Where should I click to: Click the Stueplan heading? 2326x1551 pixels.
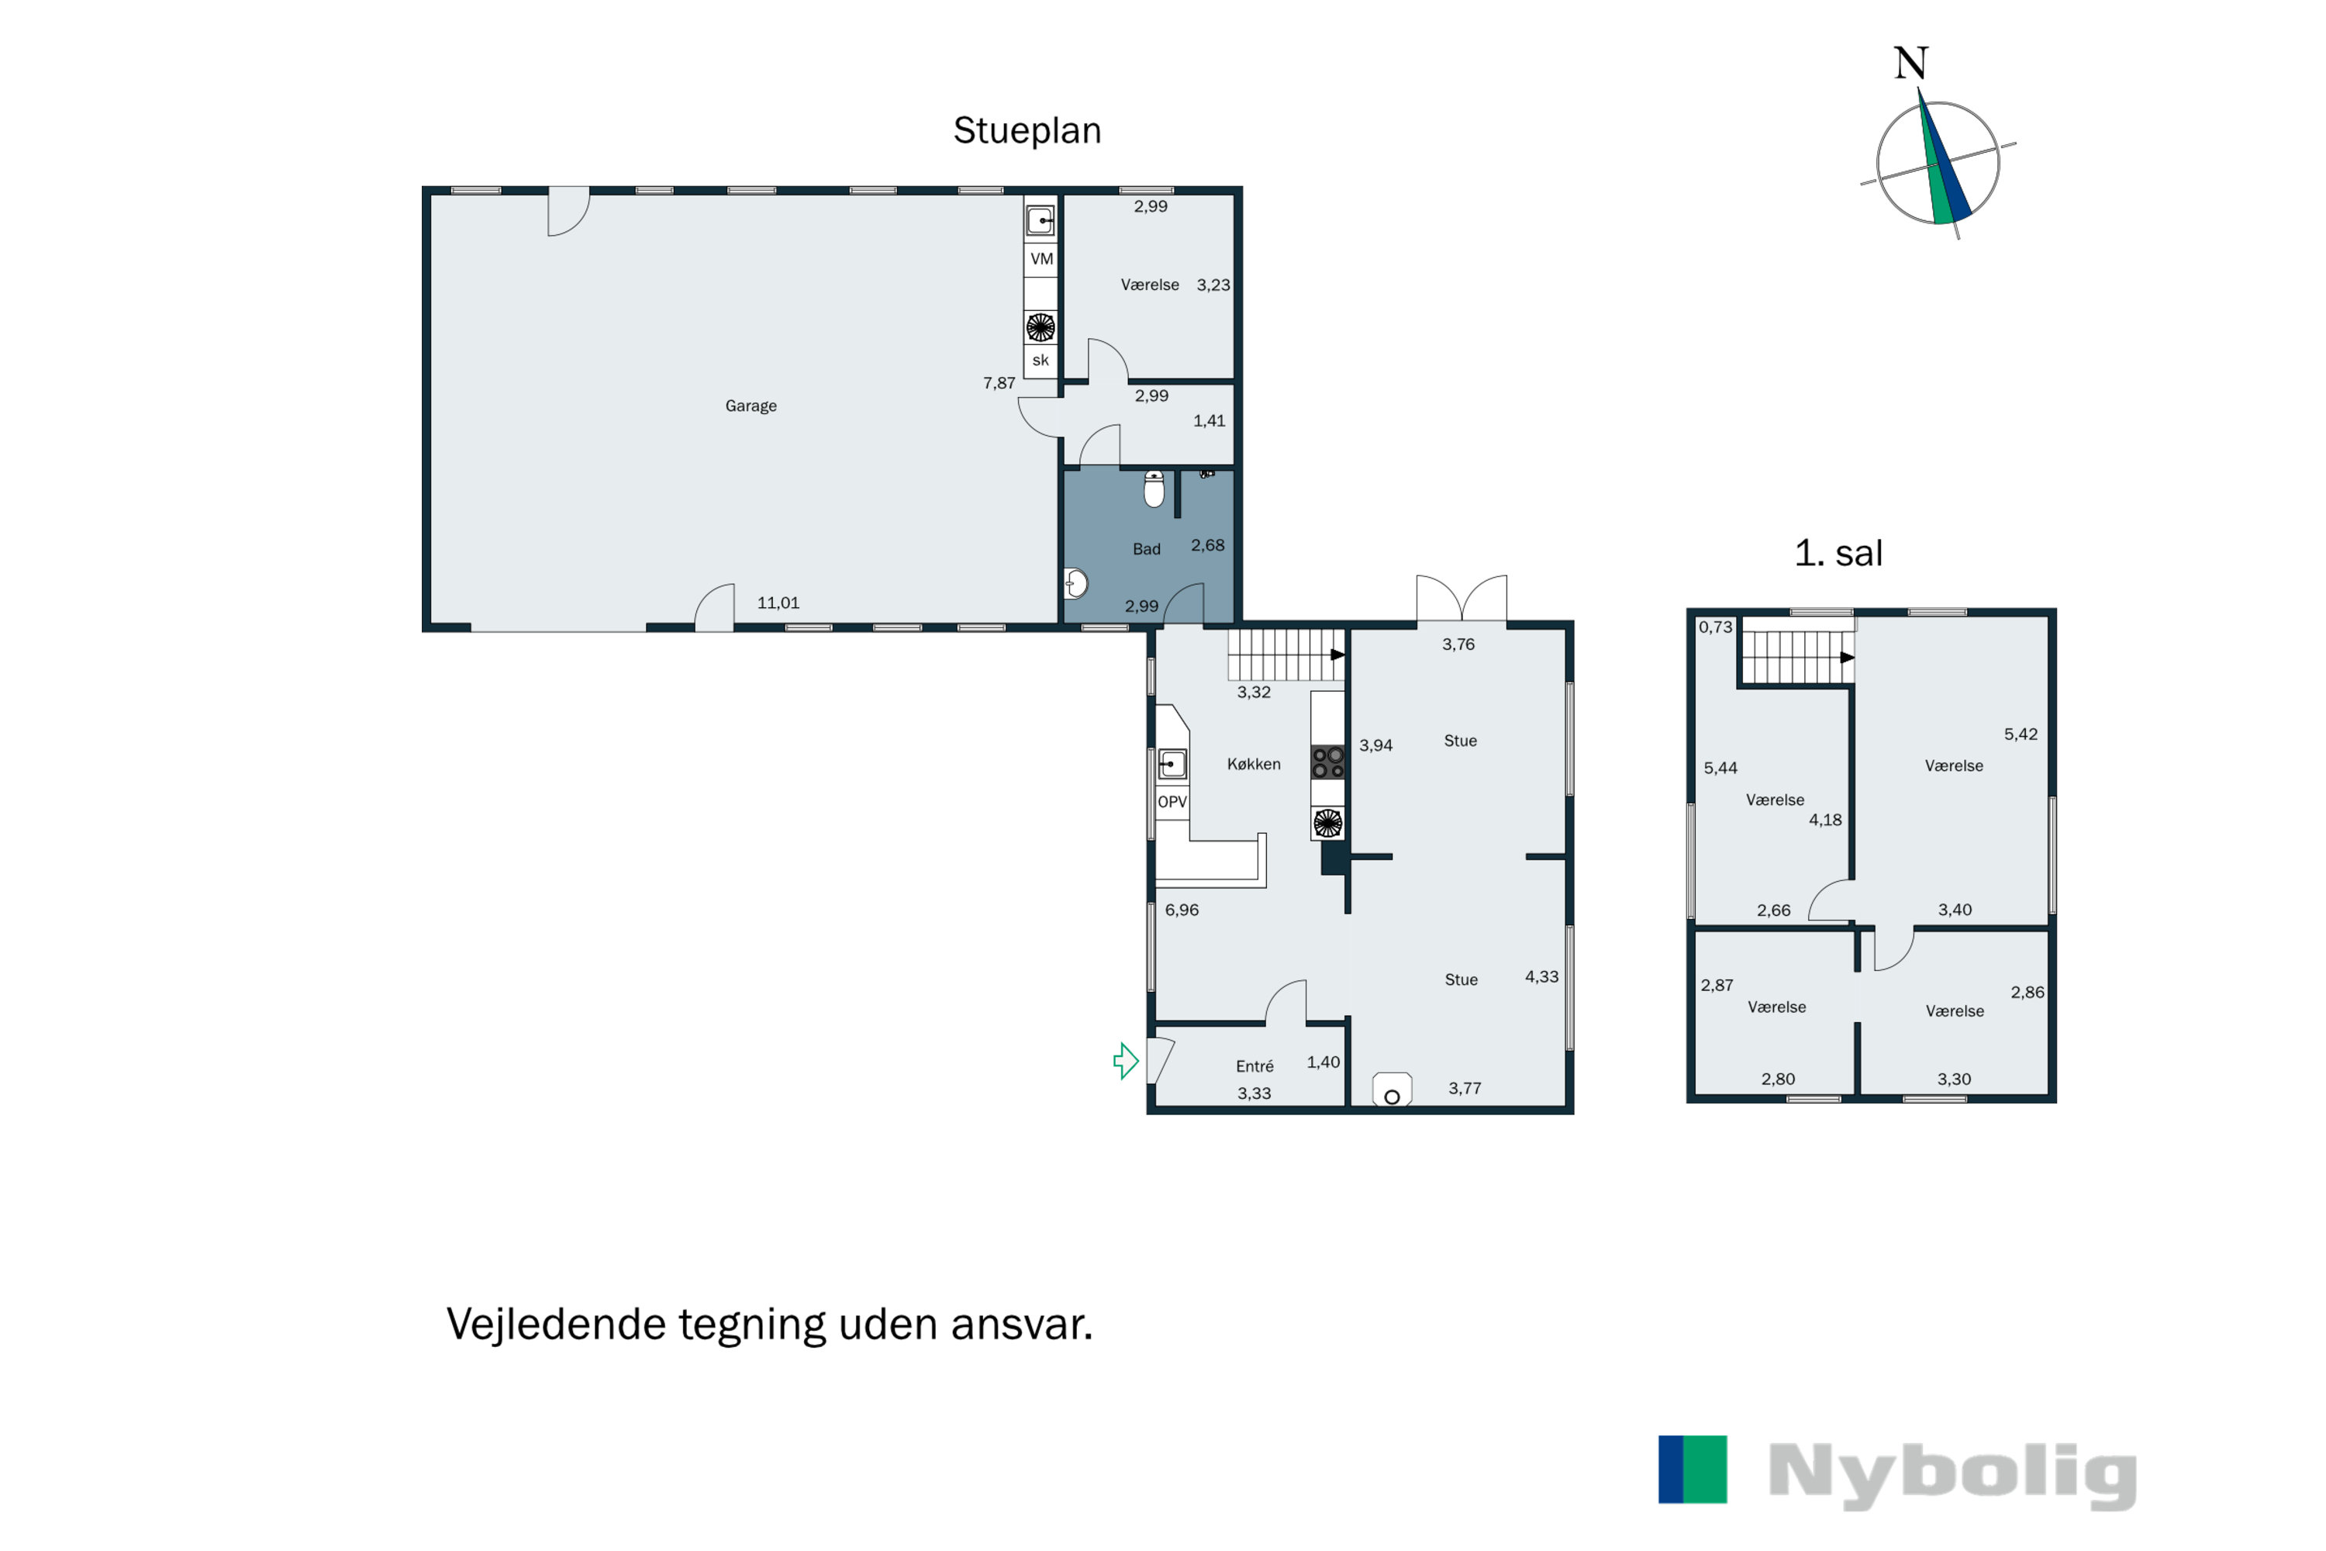click(1027, 130)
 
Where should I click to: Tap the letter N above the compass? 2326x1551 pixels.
click(1910, 64)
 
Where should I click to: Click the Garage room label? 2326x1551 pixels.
click(751, 406)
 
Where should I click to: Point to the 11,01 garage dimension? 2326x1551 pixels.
click(778, 603)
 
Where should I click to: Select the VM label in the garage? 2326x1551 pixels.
click(1041, 259)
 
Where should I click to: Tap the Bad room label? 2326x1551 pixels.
click(1146, 549)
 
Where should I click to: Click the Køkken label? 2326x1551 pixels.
click(1253, 764)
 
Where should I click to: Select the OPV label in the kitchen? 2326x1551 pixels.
click(1172, 801)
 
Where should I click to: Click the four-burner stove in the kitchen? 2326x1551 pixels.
click(1327, 762)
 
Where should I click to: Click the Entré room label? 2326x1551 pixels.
click(1254, 1066)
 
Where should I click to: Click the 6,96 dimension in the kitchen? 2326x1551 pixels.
click(1181, 910)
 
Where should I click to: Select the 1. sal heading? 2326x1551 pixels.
click(1838, 553)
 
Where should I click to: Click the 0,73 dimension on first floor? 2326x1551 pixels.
click(1715, 627)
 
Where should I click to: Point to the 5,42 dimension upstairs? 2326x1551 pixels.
click(2021, 734)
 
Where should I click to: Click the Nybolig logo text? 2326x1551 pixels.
click(1952, 1475)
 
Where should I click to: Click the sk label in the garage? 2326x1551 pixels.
click(1040, 360)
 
